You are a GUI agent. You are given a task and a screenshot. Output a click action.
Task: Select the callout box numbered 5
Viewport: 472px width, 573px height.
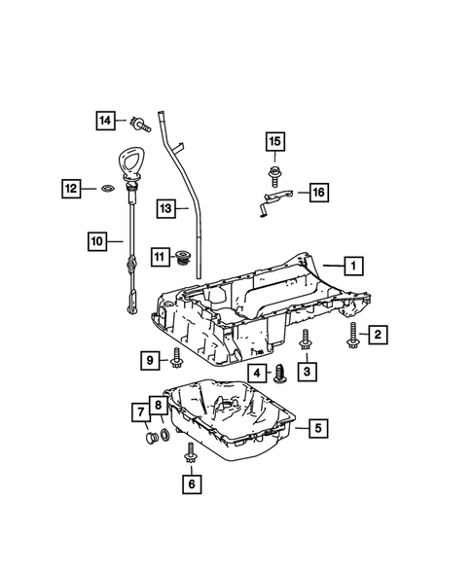314,426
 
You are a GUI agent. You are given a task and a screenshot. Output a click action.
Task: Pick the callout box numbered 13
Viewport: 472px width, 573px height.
166,208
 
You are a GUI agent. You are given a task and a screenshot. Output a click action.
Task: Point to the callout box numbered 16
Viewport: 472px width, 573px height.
318,194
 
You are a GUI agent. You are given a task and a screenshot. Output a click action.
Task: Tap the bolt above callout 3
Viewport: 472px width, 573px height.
306,340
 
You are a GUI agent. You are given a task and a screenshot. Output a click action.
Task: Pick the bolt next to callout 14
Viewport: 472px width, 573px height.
142,123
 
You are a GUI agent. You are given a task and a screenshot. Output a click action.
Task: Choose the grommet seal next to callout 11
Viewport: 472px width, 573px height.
180,258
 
